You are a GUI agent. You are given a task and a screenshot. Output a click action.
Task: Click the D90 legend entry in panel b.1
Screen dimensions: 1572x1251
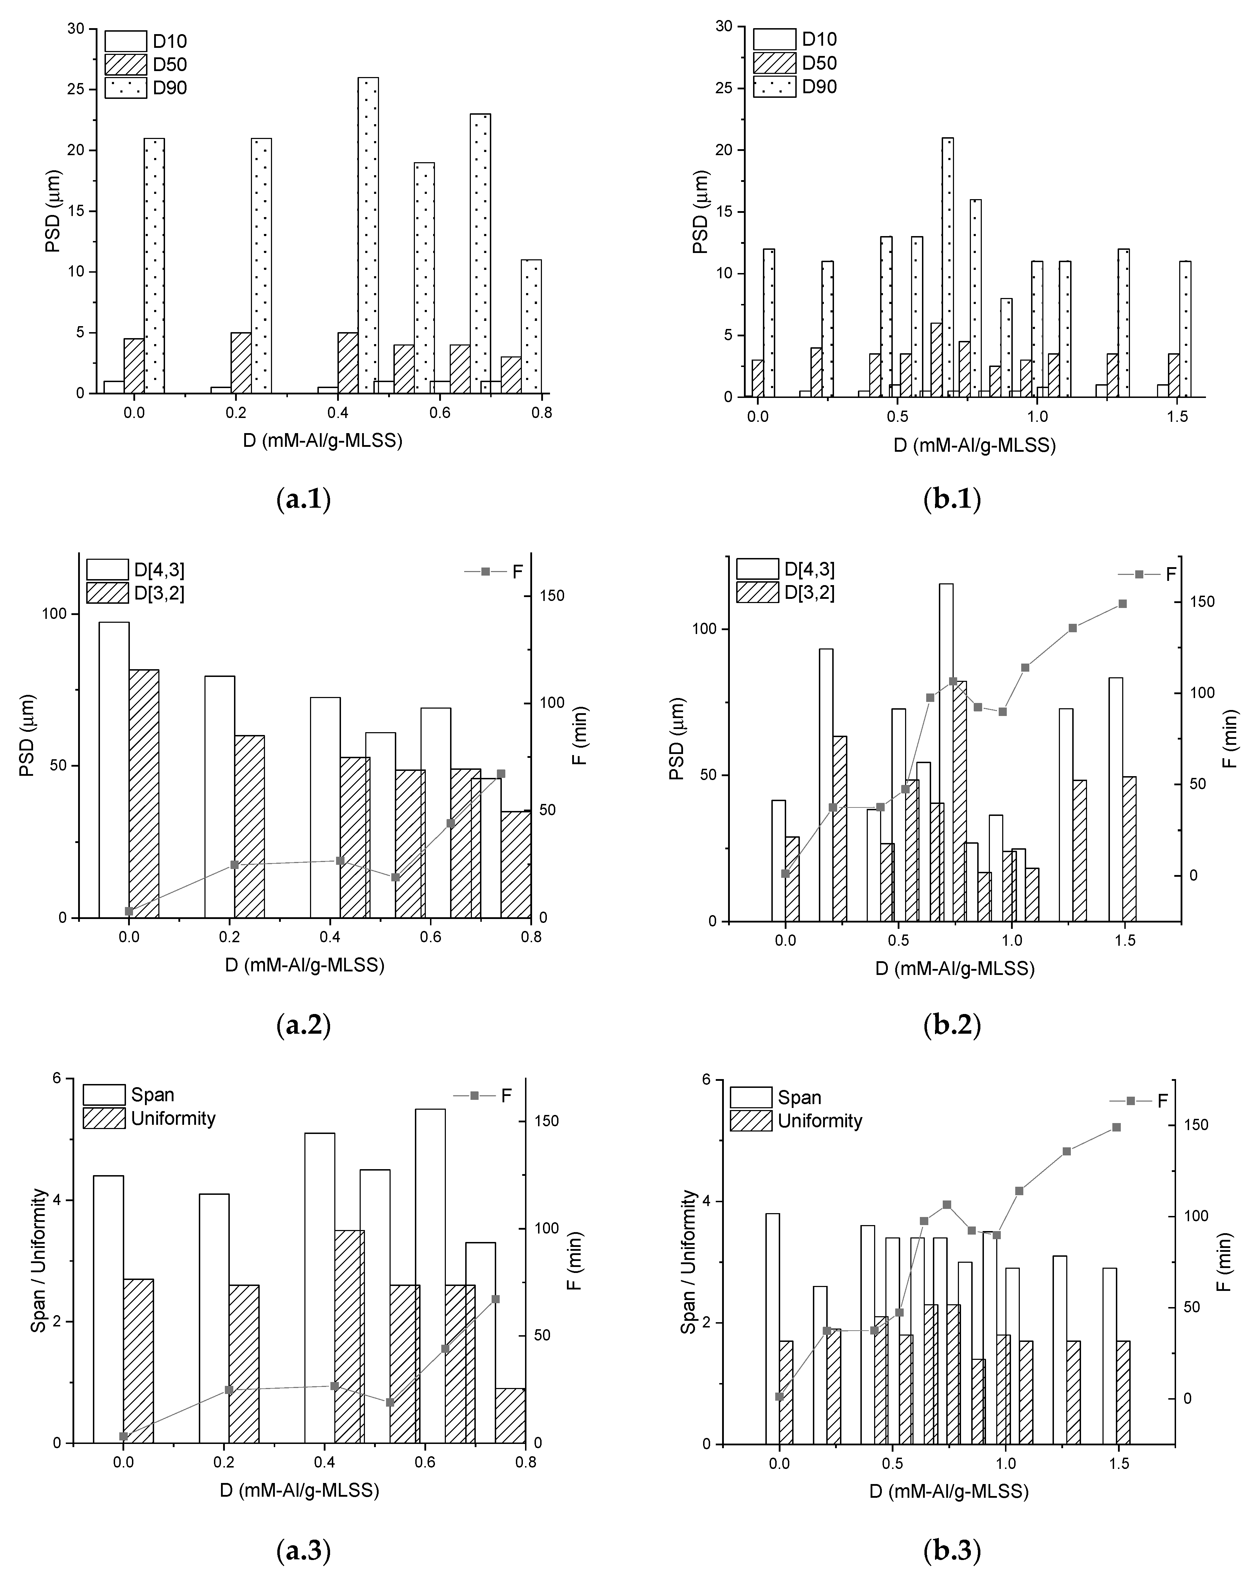click(x=795, y=87)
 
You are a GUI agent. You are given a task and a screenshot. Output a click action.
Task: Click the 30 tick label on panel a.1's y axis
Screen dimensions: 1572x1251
click(x=75, y=28)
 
